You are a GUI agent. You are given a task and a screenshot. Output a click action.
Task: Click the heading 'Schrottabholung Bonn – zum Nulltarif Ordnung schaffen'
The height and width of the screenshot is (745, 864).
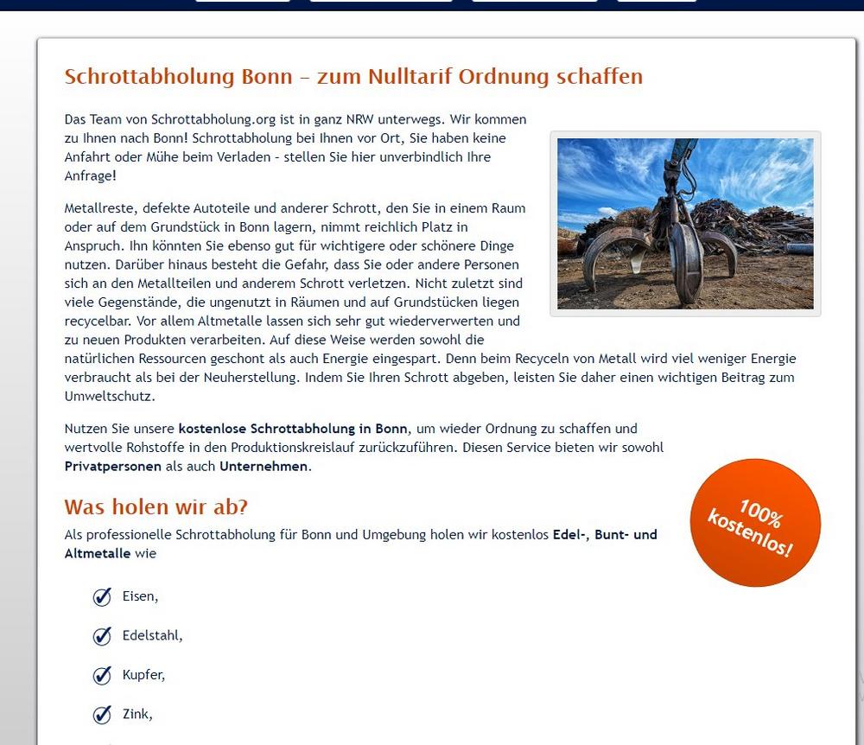click(353, 76)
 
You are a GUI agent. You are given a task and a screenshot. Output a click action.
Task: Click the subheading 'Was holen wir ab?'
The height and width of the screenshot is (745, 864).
click(156, 506)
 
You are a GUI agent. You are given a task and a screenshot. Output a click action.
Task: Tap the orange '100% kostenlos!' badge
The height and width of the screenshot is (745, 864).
click(755, 523)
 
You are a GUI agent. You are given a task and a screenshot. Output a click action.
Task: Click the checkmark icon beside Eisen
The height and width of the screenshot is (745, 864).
click(102, 596)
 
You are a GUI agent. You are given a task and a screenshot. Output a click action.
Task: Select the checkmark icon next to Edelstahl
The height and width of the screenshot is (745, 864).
click(102, 636)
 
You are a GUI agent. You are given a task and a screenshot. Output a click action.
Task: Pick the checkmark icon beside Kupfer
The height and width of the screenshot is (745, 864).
click(102, 675)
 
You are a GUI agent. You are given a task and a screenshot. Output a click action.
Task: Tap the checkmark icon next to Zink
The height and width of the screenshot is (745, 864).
click(102, 714)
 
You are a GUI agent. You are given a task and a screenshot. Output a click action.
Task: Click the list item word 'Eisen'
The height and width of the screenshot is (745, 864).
click(139, 596)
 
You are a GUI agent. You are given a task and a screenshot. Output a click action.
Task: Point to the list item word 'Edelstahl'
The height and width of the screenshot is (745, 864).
click(151, 636)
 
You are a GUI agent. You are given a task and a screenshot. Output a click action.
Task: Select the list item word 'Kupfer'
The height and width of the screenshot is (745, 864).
click(143, 675)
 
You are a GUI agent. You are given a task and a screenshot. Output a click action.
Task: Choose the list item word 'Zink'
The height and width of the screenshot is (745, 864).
click(137, 714)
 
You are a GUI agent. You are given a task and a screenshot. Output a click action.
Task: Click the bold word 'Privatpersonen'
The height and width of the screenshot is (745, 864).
click(112, 467)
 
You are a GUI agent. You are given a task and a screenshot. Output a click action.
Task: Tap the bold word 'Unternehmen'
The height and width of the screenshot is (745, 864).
click(263, 467)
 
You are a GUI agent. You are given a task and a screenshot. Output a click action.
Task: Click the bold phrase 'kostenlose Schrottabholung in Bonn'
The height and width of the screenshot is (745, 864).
click(293, 429)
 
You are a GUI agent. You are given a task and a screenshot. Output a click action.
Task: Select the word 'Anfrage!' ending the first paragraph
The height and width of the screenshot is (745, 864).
click(90, 176)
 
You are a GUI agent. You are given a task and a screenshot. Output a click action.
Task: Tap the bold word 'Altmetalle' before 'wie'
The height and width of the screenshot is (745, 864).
click(98, 553)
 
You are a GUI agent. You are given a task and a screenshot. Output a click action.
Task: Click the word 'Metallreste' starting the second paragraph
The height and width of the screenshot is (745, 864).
click(99, 208)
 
